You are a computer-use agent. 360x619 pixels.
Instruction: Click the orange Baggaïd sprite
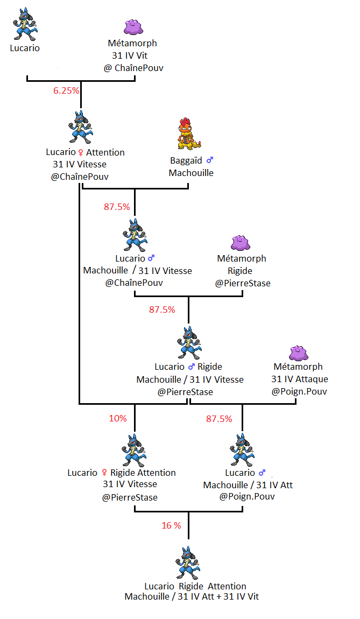[x=188, y=134]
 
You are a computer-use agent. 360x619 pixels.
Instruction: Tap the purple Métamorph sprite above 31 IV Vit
[x=133, y=26]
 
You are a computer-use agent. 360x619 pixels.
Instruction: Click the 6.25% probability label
[x=66, y=90]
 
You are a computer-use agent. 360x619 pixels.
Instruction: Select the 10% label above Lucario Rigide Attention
[x=118, y=418]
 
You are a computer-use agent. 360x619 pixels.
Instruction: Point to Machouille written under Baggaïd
[x=191, y=173]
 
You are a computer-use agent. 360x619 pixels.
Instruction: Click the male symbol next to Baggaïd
[x=210, y=160]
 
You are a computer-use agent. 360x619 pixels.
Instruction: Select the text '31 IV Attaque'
[x=299, y=379]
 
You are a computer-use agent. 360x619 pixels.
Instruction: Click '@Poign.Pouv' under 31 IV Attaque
[x=299, y=391]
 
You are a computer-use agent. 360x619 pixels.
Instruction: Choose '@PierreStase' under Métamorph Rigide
[x=243, y=283]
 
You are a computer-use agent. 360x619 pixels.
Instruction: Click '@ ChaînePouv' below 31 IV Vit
[x=133, y=68]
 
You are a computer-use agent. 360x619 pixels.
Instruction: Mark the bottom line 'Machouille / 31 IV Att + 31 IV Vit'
[x=192, y=596]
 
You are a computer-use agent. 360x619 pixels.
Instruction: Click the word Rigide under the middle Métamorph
[x=240, y=271]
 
